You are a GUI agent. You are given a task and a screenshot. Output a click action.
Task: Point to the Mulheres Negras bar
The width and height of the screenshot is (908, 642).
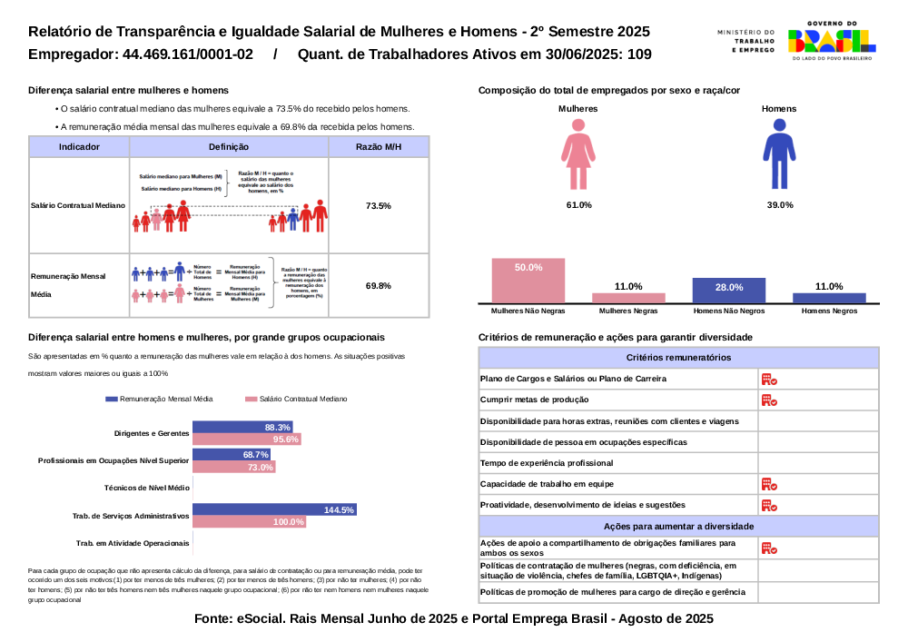[628, 297]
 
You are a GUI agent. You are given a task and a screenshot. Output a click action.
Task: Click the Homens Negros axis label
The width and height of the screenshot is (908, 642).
[829, 311]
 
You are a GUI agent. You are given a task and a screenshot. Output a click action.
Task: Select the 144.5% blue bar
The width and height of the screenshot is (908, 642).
[274, 509]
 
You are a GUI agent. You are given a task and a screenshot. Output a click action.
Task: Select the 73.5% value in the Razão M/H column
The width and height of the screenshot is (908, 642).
[378, 206]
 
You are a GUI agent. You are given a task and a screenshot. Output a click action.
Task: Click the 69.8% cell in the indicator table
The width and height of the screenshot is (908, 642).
[378, 286]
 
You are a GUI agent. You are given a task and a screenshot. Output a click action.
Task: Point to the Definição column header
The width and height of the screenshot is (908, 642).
[228, 146]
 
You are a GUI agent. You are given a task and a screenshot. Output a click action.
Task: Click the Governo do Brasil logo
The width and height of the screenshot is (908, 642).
[832, 40]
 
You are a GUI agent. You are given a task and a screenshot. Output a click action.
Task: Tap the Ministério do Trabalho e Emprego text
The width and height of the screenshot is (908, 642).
[745, 41]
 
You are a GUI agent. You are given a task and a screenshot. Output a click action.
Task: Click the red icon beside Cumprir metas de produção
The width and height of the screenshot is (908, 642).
[768, 400]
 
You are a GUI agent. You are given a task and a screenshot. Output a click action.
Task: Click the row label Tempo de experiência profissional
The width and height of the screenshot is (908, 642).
[547, 463]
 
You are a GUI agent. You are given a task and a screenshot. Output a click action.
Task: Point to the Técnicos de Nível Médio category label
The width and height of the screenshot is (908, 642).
[147, 488]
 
